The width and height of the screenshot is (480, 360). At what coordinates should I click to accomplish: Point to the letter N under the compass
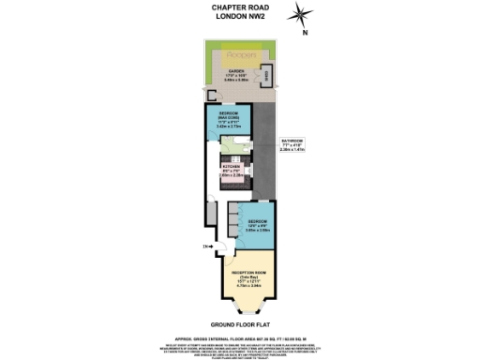pos(305,33)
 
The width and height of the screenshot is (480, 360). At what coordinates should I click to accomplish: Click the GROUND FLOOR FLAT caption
pos(240,322)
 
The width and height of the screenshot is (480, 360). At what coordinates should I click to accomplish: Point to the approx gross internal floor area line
pos(240,334)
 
